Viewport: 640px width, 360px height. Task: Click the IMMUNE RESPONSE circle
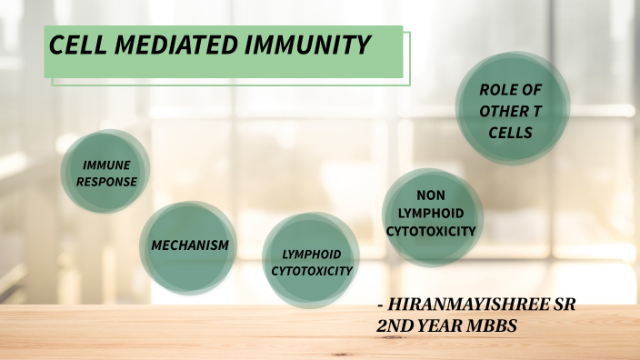[106, 173]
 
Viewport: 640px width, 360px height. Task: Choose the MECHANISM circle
[189, 246]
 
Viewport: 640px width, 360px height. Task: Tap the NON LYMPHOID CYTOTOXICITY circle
[430, 215]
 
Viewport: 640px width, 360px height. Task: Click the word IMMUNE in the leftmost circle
[106, 165]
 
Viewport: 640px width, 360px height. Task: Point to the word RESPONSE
[106, 181]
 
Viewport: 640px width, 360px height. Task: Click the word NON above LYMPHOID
[430, 195]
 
